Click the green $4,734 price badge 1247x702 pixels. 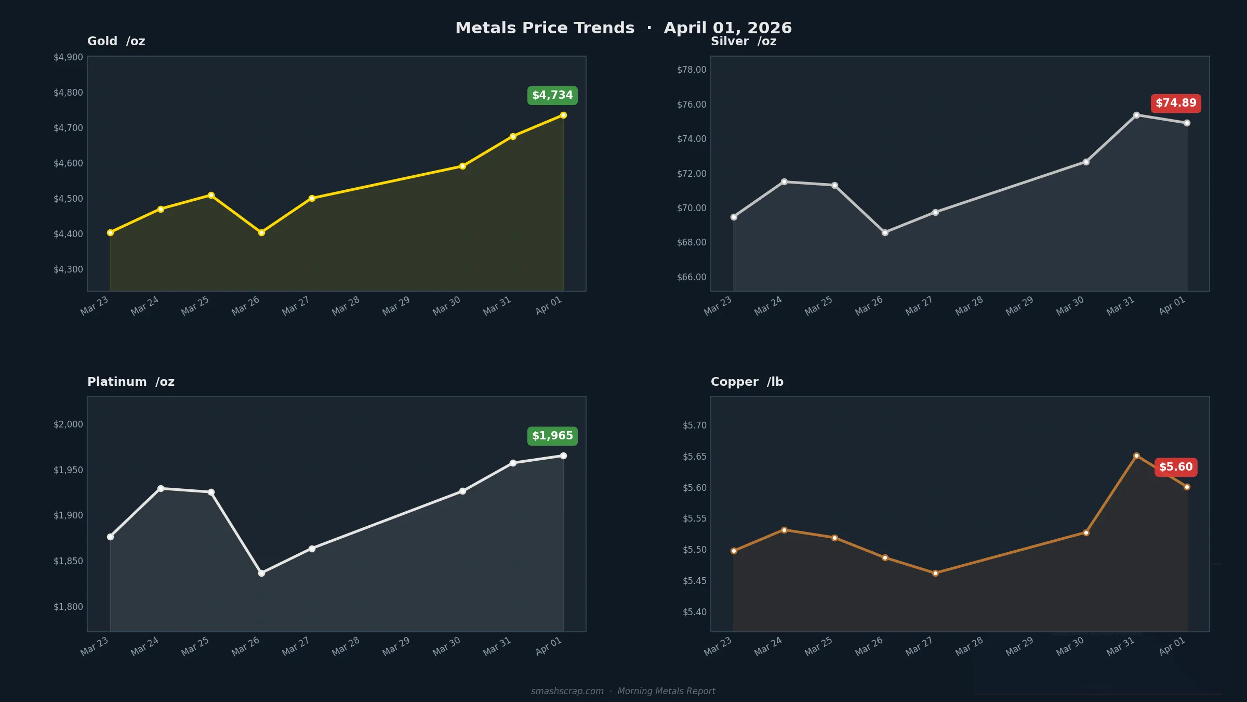click(552, 95)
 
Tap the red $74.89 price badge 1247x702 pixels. click(1176, 103)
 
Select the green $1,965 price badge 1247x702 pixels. click(552, 436)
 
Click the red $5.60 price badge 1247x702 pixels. click(1176, 467)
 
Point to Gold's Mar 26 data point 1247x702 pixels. click(261, 232)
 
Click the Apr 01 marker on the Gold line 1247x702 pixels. click(563, 115)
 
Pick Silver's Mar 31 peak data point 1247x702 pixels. click(1136, 115)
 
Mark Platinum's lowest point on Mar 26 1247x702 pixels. click(261, 573)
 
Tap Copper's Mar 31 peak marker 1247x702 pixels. click(1136, 456)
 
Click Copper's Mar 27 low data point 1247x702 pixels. click(935, 573)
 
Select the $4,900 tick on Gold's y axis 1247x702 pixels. click(68, 57)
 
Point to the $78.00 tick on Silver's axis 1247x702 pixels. click(692, 70)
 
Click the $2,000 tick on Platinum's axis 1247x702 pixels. click(68, 424)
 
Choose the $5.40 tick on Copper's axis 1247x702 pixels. click(694, 612)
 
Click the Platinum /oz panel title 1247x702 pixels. click(131, 382)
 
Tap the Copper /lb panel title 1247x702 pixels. click(747, 382)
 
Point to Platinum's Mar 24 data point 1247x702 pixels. click(161, 488)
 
